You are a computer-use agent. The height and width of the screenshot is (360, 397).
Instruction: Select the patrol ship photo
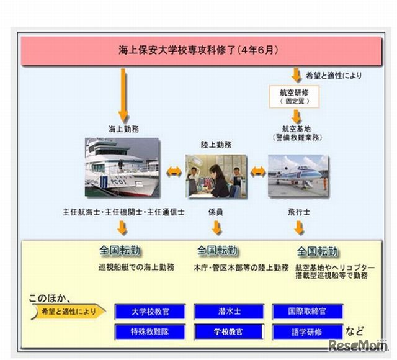point(122,168)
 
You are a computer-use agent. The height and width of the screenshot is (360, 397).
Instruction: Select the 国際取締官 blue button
point(307,311)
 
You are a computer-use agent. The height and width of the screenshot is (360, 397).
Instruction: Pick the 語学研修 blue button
point(307,332)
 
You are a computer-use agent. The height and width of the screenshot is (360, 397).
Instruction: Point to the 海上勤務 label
point(122,128)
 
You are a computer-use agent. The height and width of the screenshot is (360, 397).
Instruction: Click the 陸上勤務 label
point(216,145)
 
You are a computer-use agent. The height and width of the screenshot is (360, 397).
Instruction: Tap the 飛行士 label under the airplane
point(299,212)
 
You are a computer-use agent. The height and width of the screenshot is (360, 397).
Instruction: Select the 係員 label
point(216,212)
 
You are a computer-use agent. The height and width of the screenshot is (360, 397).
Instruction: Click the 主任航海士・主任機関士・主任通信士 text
point(122,212)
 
